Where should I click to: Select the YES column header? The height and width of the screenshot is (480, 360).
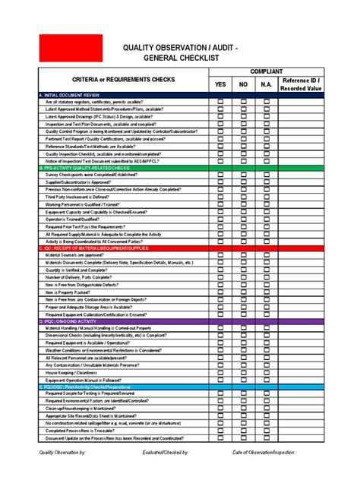[x=220, y=84]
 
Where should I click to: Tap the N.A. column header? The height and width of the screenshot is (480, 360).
[x=266, y=84]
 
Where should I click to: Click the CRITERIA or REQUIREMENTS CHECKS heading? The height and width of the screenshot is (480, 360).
[x=123, y=80]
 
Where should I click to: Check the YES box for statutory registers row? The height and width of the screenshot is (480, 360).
[x=220, y=102]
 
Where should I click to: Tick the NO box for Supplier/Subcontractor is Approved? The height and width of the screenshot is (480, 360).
[x=243, y=182]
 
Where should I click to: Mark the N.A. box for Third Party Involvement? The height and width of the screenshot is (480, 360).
[x=266, y=197]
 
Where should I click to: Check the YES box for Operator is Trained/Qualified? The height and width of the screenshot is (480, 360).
[x=220, y=219]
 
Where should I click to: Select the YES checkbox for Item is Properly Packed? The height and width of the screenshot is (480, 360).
[x=220, y=292]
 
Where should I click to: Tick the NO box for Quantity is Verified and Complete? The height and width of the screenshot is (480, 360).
[x=243, y=270]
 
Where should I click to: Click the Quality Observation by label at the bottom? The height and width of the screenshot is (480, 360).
[x=63, y=453]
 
